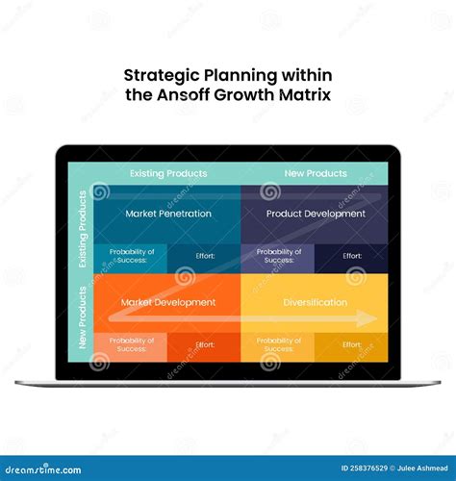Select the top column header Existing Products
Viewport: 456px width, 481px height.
(168, 173)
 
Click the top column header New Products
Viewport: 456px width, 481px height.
(315, 173)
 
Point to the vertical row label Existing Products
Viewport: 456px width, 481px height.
(83, 230)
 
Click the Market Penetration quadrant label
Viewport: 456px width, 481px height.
(167, 214)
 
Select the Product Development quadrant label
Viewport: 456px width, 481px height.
(316, 214)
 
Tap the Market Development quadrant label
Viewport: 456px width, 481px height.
(167, 302)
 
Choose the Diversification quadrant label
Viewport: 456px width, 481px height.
(316, 302)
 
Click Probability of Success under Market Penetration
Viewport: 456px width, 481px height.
(132, 256)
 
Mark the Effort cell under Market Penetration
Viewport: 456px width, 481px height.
(205, 256)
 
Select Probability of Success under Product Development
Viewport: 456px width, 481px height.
(279, 256)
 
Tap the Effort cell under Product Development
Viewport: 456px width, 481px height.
(352, 256)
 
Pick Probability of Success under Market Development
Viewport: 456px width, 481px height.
(132, 343)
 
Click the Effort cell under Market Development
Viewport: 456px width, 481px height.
(205, 344)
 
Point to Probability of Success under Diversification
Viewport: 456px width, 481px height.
(279, 343)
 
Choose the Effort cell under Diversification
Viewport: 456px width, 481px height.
(352, 344)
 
